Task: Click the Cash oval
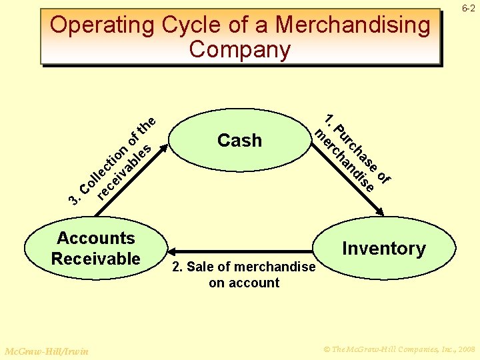tap(239, 141)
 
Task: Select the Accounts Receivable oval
tap(95, 249)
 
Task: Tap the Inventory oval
tap(383, 249)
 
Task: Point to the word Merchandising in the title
tap(353, 25)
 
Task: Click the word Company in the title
tap(239, 50)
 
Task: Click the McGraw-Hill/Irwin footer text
tap(46, 351)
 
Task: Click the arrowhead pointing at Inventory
tap(381, 213)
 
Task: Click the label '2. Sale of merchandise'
tap(243, 267)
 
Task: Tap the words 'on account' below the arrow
tap(243, 283)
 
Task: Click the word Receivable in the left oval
tap(95, 259)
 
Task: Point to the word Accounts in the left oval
tap(95, 239)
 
